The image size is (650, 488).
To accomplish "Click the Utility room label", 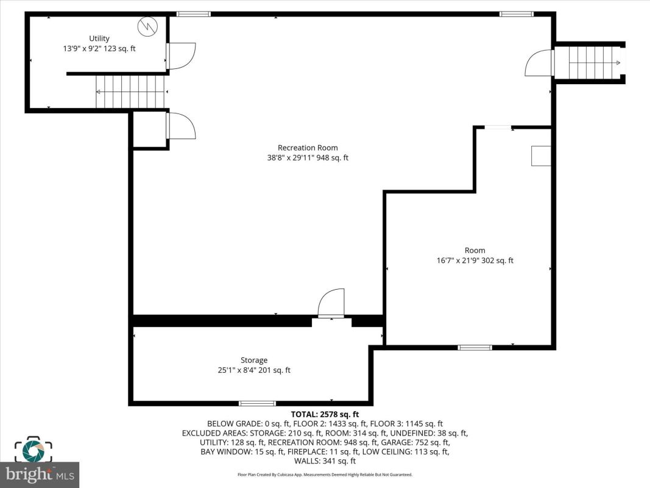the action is [x=99, y=38].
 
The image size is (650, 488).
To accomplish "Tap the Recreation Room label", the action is [x=308, y=148].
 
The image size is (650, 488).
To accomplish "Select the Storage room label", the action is [x=253, y=360].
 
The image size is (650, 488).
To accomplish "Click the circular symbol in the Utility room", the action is [x=147, y=26].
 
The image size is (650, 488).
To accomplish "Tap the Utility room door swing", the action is [x=181, y=56].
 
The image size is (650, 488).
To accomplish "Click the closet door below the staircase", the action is [x=181, y=125].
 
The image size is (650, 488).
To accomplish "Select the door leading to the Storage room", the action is [x=331, y=303].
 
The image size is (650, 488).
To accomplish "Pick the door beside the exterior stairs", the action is [x=539, y=63].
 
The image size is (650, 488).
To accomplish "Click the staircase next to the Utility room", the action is [x=131, y=91].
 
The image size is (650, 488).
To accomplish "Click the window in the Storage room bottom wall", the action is [x=258, y=403].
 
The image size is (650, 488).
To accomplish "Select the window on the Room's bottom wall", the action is [x=475, y=347].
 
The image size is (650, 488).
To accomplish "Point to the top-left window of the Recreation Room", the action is [x=194, y=14].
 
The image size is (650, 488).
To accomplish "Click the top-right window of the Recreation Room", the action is [x=517, y=14].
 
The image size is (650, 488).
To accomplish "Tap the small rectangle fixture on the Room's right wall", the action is [x=541, y=156].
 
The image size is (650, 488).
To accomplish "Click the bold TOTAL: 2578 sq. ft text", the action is [x=325, y=414].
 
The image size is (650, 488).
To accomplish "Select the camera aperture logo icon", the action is [x=33, y=450].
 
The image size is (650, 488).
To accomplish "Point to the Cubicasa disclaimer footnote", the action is [x=325, y=475].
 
